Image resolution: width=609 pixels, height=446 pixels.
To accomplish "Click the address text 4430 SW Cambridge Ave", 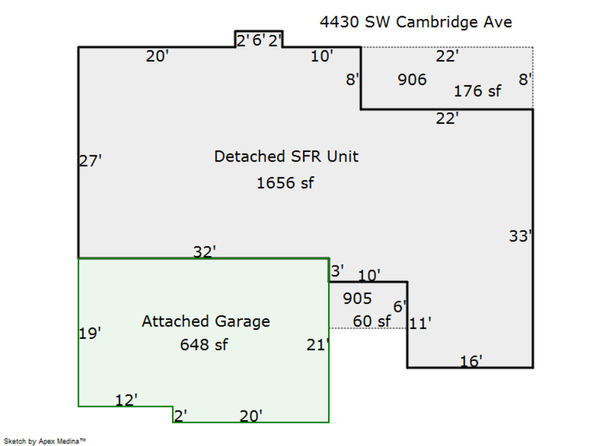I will (415, 22).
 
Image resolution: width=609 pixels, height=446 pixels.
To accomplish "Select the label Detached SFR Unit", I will (286, 156).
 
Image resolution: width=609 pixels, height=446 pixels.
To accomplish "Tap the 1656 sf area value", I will (285, 182).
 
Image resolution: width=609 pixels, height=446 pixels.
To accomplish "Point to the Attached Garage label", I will (206, 321).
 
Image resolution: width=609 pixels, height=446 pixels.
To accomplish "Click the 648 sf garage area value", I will (204, 345).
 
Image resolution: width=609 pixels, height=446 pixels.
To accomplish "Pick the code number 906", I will (412, 80).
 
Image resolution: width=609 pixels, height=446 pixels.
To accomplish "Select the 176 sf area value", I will (478, 91).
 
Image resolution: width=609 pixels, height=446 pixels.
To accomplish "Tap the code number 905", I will (357, 298).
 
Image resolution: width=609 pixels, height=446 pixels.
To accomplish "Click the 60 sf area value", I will (371, 321).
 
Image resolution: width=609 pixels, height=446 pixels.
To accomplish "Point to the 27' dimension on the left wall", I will (90, 161).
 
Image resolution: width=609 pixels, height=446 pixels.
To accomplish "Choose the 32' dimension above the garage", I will (204, 251).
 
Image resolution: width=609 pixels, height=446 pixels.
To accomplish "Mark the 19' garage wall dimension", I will (90, 333).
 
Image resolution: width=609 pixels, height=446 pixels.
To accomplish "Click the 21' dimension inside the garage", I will (317, 345).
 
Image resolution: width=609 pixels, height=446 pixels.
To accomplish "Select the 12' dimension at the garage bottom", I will (126, 400).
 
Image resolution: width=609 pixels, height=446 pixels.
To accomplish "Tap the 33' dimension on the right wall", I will (520, 237).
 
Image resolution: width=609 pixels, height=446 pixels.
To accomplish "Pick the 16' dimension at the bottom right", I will (471, 362).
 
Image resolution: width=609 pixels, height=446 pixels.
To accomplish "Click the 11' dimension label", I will (420, 324).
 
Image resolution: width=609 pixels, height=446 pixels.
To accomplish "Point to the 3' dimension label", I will (337, 270).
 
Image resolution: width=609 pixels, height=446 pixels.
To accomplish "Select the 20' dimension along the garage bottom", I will (251, 416).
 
